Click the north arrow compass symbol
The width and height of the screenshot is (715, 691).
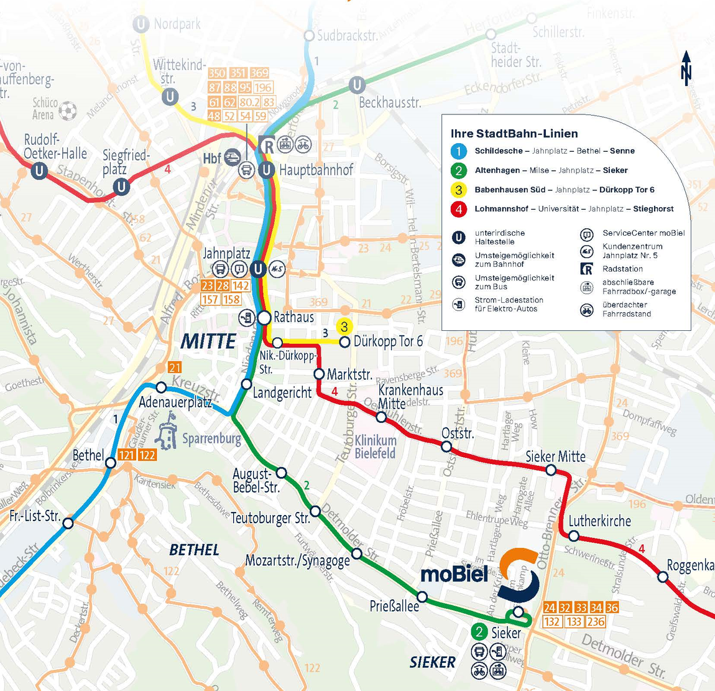(x=686, y=68)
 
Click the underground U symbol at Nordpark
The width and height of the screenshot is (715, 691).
(x=141, y=24)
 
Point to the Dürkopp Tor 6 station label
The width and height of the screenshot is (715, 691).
(x=388, y=341)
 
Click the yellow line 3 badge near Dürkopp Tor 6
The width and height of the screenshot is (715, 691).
(x=344, y=326)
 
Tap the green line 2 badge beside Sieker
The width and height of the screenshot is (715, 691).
(x=479, y=633)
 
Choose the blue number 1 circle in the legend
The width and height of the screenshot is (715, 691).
(x=458, y=151)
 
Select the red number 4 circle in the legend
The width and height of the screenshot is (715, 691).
(x=458, y=209)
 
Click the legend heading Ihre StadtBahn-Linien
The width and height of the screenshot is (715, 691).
(x=514, y=134)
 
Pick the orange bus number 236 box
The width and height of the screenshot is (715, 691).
(x=595, y=621)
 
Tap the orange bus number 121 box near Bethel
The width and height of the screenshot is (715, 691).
(x=127, y=455)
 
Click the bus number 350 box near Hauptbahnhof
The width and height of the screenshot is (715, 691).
(x=217, y=73)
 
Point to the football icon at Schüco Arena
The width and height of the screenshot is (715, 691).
(x=68, y=111)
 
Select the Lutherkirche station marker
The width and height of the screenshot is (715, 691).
(x=574, y=536)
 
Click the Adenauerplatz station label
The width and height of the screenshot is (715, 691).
(x=175, y=402)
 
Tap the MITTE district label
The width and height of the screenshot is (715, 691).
(x=208, y=341)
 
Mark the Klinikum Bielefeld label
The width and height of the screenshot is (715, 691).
(x=376, y=447)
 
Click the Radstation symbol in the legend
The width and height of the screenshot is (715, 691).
(x=586, y=269)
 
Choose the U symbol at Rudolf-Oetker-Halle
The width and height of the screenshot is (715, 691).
(x=40, y=170)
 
